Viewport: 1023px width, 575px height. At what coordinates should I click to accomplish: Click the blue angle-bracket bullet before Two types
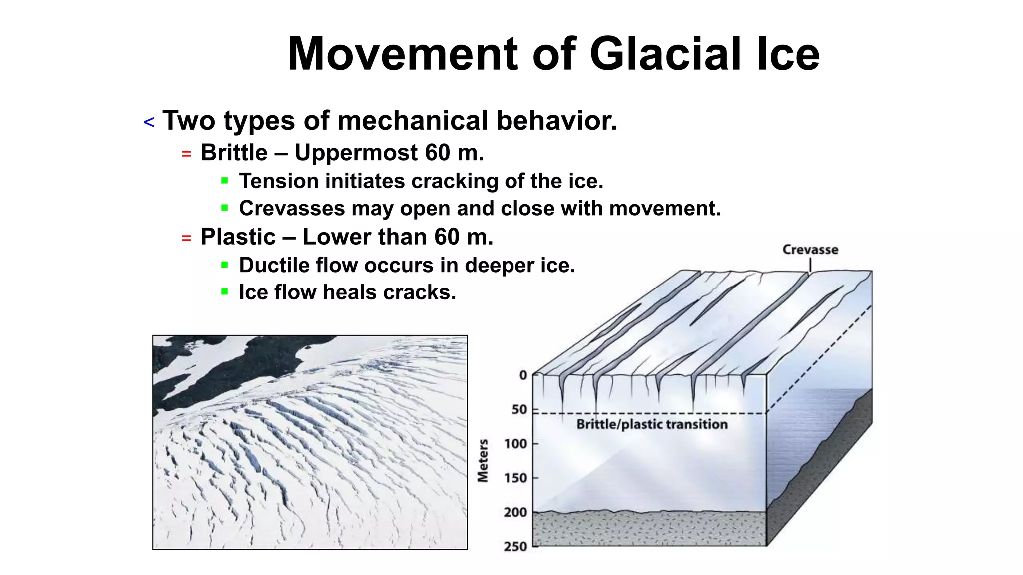tap(149, 122)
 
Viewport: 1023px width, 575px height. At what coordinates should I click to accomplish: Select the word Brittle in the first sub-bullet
tap(234, 153)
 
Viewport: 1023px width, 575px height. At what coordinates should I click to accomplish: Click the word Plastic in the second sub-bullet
tap(238, 237)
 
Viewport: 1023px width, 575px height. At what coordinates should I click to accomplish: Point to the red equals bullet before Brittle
tap(186, 154)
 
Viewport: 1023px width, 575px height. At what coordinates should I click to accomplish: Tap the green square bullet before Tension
tap(225, 181)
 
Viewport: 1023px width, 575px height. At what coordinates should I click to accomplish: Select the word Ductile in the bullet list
tap(274, 265)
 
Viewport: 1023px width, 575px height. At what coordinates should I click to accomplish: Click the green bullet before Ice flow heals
tap(225, 291)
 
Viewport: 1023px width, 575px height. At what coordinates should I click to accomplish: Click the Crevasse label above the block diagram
tap(810, 250)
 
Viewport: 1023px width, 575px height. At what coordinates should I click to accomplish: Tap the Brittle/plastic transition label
tap(652, 424)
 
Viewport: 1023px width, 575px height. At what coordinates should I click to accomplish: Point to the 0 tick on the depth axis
tap(523, 375)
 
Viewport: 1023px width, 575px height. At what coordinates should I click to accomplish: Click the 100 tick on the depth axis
tap(515, 444)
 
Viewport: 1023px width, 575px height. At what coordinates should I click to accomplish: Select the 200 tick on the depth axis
tap(515, 512)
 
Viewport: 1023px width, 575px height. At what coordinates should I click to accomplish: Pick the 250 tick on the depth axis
tap(515, 546)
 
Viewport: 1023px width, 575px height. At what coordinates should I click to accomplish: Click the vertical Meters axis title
tap(483, 461)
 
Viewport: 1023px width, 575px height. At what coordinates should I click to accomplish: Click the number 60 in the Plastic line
tap(446, 237)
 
